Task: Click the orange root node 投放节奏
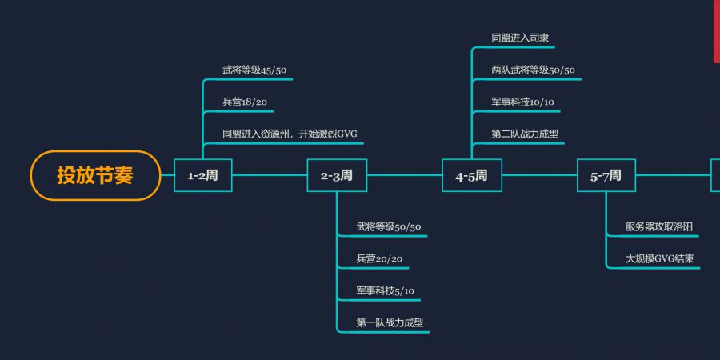tap(95, 175)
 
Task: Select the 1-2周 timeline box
tap(203, 175)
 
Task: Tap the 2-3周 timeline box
tap(337, 175)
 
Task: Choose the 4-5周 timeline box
tap(471, 175)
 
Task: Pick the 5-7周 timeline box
tap(606, 175)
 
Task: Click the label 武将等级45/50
tap(254, 70)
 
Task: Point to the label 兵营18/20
tap(245, 102)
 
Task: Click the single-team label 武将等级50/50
tap(389, 227)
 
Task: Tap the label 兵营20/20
tap(379, 258)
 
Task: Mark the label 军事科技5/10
tap(386, 290)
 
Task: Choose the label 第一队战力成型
tap(390, 322)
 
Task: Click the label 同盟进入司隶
tap(520, 38)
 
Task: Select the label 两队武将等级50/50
tap(533, 70)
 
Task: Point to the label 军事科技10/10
tap(523, 102)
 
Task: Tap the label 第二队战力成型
tap(525, 133)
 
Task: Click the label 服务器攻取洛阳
tap(659, 227)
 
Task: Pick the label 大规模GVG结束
tap(660, 258)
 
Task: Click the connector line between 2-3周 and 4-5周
tap(404, 175)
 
